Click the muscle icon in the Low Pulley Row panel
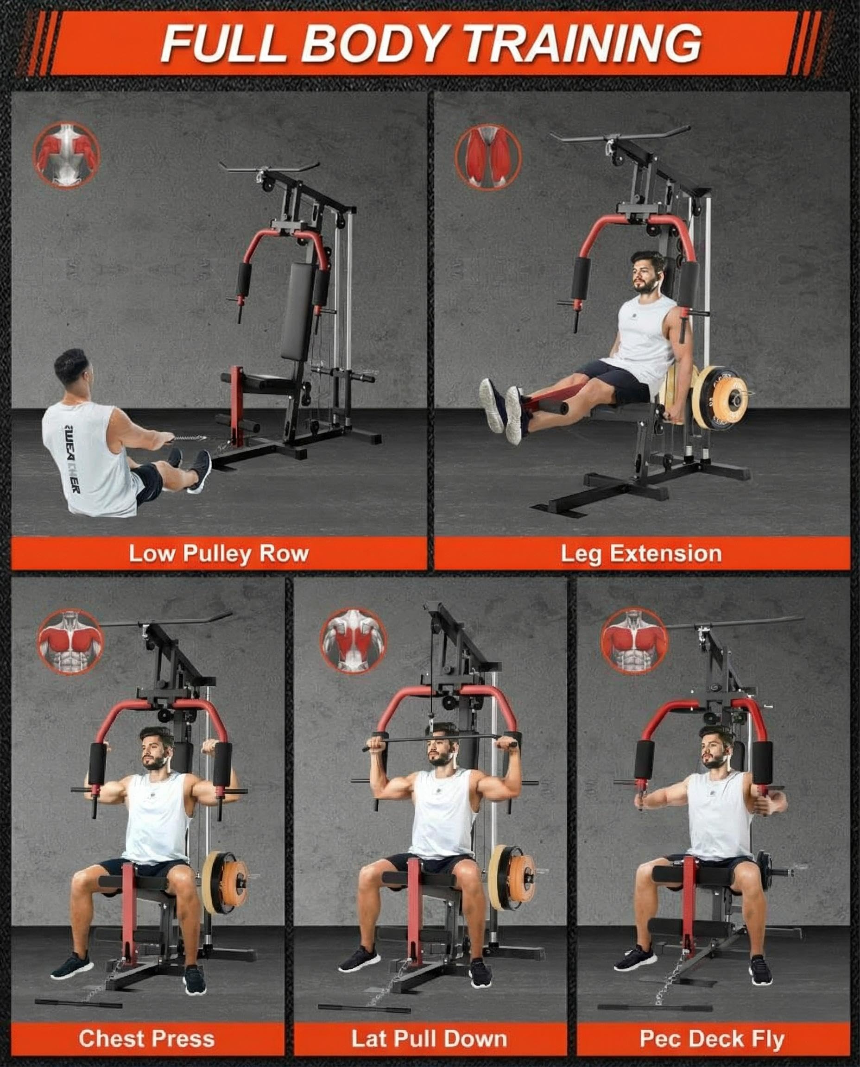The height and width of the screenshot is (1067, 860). click(x=66, y=156)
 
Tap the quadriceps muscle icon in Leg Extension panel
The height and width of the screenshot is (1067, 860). click(x=488, y=157)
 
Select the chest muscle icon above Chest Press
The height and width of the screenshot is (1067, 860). click(x=70, y=642)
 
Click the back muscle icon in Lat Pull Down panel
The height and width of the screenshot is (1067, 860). click(x=353, y=640)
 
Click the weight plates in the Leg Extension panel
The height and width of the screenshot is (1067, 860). click(x=707, y=396)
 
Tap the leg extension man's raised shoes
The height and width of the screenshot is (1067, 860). click(x=501, y=410)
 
